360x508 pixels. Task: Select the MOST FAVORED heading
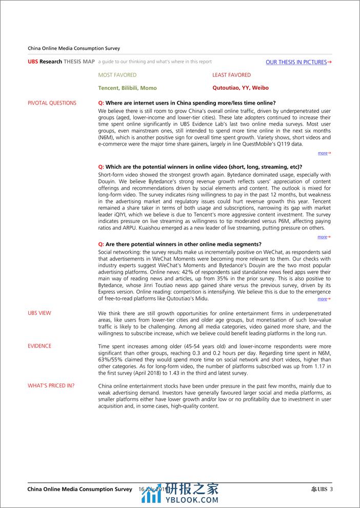tap(117, 75)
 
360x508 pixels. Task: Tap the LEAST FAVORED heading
tap(232, 75)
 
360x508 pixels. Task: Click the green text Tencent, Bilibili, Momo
tap(128, 88)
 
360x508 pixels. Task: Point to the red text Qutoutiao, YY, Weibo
tap(241, 88)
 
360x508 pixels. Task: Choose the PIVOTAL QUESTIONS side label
tap(52, 103)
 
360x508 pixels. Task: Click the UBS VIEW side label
tap(39, 313)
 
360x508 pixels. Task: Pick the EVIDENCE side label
tap(39, 346)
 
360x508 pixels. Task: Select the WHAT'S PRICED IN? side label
tap(51, 385)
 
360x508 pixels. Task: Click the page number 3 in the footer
tap(331, 489)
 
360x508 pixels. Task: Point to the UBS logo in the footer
tap(318, 489)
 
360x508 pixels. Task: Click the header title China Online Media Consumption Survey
tap(74, 48)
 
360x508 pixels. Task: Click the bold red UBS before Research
tap(33, 62)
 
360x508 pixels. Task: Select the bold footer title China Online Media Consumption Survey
tap(80, 489)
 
